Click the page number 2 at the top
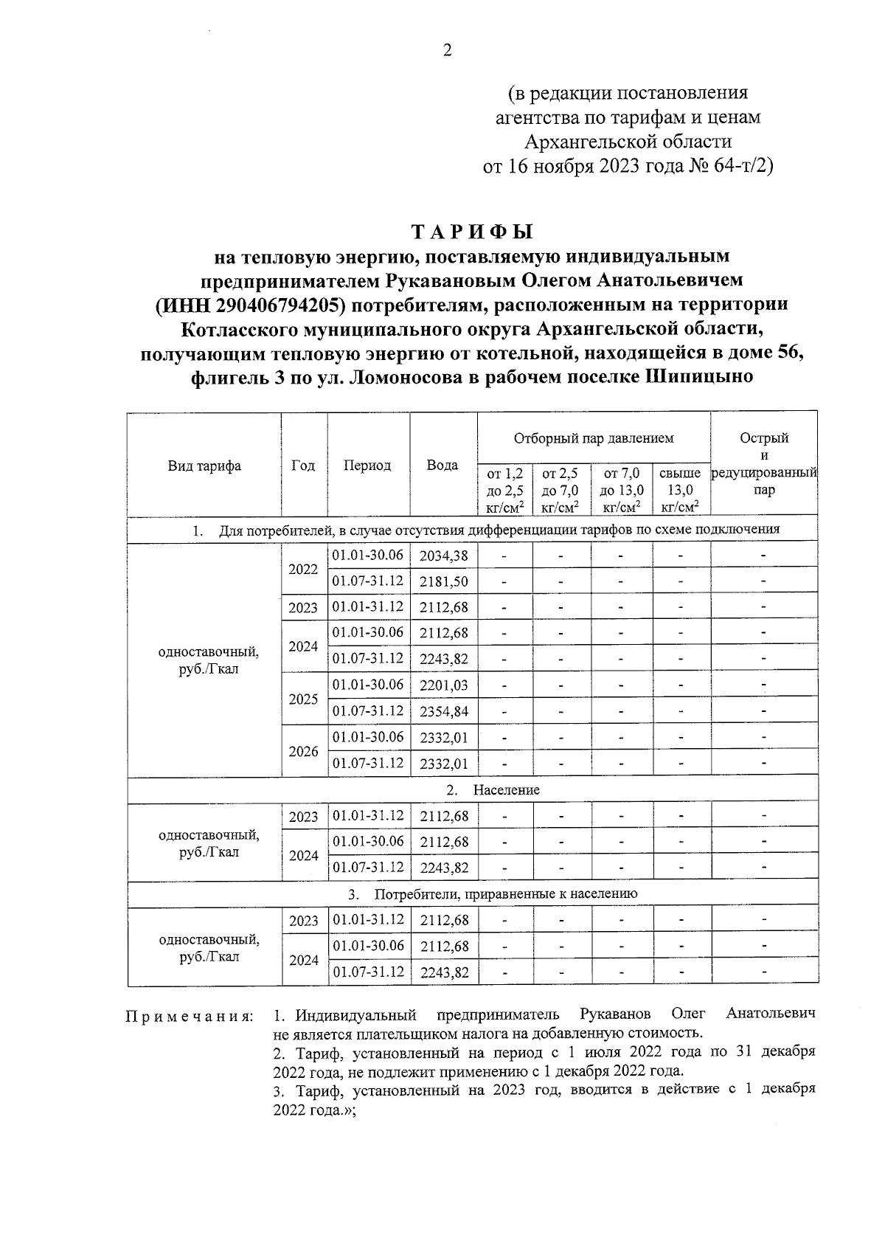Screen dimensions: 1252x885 coord(446,51)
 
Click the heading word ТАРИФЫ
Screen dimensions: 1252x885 coord(472,232)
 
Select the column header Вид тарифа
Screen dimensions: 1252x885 coord(204,466)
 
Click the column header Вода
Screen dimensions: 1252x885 coord(442,465)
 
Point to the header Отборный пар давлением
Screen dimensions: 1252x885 coord(594,438)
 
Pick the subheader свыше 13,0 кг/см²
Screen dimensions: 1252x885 coord(680,490)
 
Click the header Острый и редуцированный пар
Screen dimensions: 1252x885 coord(764,463)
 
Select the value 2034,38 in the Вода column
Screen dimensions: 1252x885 coord(443,556)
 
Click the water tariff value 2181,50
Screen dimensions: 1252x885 coord(443,581)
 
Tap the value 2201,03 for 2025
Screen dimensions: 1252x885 coord(443,685)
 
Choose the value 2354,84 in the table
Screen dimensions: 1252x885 coord(443,711)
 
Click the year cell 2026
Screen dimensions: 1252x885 coord(303,751)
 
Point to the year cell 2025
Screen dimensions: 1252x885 coord(303,699)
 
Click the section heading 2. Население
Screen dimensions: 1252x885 coord(493,790)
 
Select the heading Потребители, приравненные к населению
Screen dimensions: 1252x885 coord(505,894)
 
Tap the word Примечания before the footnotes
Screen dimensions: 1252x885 coord(189,1017)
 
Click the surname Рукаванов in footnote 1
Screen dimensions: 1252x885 coord(614,1014)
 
